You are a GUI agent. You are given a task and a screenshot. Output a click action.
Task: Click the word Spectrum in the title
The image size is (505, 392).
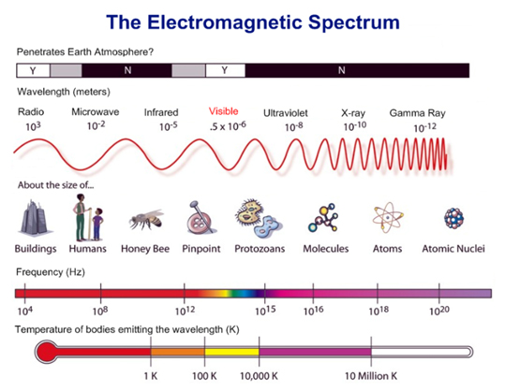coord(353,23)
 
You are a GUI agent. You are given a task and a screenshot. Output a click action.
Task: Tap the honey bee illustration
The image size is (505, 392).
coord(147,220)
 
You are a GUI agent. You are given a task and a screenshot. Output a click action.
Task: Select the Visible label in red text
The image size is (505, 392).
coord(224,111)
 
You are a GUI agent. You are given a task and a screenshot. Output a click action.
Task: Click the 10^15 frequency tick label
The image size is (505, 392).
coord(265,311)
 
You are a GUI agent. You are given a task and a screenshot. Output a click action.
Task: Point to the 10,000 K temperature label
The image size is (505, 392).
coord(259,376)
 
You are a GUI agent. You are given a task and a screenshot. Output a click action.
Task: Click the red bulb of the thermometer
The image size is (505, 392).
coord(47,352)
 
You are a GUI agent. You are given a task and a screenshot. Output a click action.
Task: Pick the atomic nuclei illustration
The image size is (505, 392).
coord(453,218)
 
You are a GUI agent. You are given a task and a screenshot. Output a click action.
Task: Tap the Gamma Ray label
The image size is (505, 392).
coord(418,113)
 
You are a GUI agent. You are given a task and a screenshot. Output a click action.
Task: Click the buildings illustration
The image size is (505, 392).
coord(33,217)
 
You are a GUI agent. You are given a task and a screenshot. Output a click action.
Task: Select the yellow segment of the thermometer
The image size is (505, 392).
coord(231,352)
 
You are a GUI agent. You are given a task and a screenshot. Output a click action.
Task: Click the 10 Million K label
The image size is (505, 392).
coord(371,376)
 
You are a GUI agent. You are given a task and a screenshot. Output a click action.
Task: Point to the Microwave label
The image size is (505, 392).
coord(96,112)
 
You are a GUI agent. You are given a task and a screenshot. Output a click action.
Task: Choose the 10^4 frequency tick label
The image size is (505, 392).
coord(25,311)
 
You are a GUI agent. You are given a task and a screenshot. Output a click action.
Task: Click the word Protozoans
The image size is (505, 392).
coord(260,249)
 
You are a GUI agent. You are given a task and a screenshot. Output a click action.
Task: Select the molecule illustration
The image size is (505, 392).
coord(323,218)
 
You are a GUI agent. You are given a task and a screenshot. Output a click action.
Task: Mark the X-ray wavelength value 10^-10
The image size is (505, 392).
coord(355,126)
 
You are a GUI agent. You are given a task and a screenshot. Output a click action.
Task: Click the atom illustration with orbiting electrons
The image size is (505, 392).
coord(388,218)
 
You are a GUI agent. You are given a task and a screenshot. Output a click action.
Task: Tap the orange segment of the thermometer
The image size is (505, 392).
coord(178,352)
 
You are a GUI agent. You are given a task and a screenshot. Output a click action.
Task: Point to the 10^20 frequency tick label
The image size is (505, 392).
coord(439,311)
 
